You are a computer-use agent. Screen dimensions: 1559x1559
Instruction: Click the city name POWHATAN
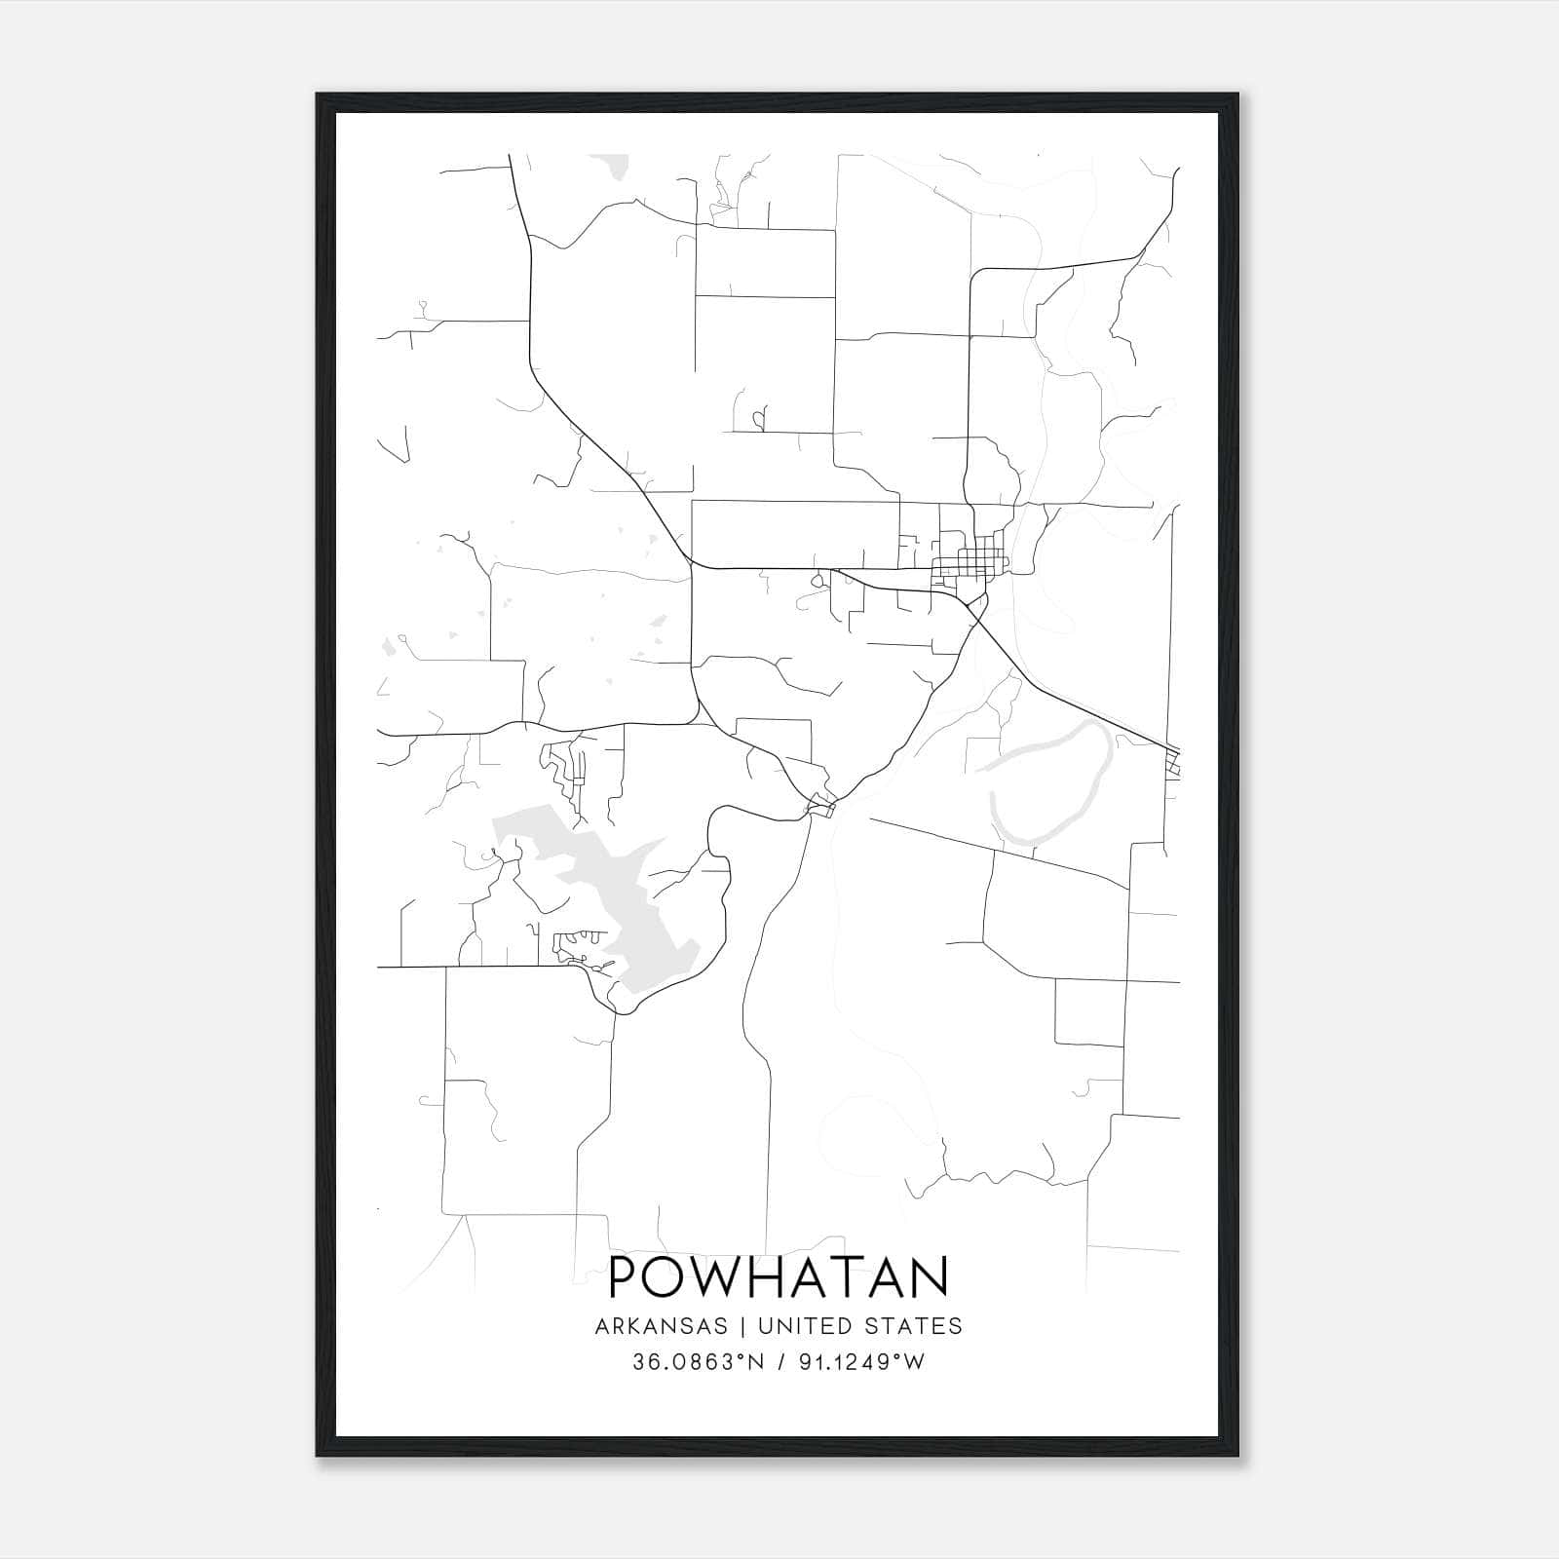tap(779, 1277)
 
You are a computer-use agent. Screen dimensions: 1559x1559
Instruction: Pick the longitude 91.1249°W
tap(861, 1362)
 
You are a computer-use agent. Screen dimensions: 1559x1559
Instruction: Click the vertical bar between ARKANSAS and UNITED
tap(742, 1326)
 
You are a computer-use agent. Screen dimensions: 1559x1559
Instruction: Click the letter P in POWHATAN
tap(624, 1277)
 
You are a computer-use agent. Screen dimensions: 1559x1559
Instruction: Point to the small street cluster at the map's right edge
tap(1173, 762)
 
